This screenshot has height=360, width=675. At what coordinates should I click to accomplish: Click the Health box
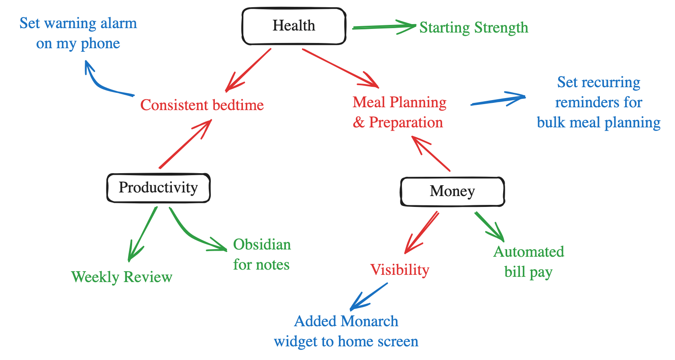pyautogui.click(x=294, y=26)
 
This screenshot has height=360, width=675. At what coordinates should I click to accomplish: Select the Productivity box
pyautogui.click(x=158, y=188)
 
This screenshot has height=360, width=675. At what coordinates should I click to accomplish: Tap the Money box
pyautogui.click(x=452, y=191)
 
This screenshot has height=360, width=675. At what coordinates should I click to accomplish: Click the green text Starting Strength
pyautogui.click(x=474, y=28)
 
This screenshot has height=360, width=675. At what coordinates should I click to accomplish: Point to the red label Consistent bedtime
pyautogui.click(x=202, y=105)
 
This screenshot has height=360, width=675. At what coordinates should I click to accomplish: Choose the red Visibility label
pyautogui.click(x=400, y=270)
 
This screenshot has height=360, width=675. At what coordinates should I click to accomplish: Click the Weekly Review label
pyautogui.click(x=122, y=277)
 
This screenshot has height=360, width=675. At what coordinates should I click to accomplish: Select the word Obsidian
pyautogui.click(x=262, y=245)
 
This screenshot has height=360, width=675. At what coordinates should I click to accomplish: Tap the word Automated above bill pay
pyautogui.click(x=528, y=252)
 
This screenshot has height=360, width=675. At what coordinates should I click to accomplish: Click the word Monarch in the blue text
pyautogui.click(x=369, y=321)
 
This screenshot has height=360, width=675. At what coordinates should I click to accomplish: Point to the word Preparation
pyautogui.click(x=406, y=123)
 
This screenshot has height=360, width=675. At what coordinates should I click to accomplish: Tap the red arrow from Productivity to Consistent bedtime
pyautogui.click(x=185, y=145)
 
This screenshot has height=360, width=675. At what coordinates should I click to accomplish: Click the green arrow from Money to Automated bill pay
pyautogui.click(x=489, y=226)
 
